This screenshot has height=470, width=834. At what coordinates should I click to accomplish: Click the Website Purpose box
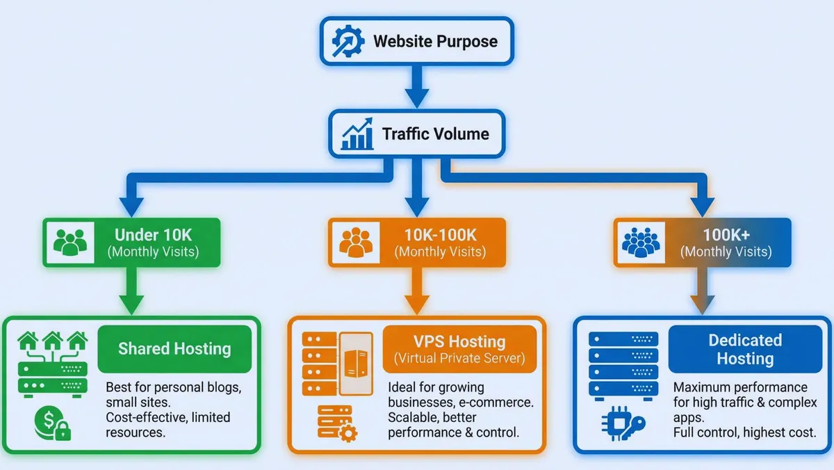coord(416,41)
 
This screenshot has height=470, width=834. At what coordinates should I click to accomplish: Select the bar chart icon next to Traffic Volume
coord(357,134)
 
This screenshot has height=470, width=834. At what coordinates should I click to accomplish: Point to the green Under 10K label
coord(152,242)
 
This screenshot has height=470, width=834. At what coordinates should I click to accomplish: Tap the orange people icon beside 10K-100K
coord(355,243)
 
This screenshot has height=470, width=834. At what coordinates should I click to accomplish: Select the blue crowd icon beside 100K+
coord(639,243)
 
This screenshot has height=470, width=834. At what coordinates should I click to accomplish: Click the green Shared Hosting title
coord(174,348)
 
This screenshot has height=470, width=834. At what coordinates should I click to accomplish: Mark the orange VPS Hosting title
coord(459,349)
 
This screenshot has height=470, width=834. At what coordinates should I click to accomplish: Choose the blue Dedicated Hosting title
coord(744,349)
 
